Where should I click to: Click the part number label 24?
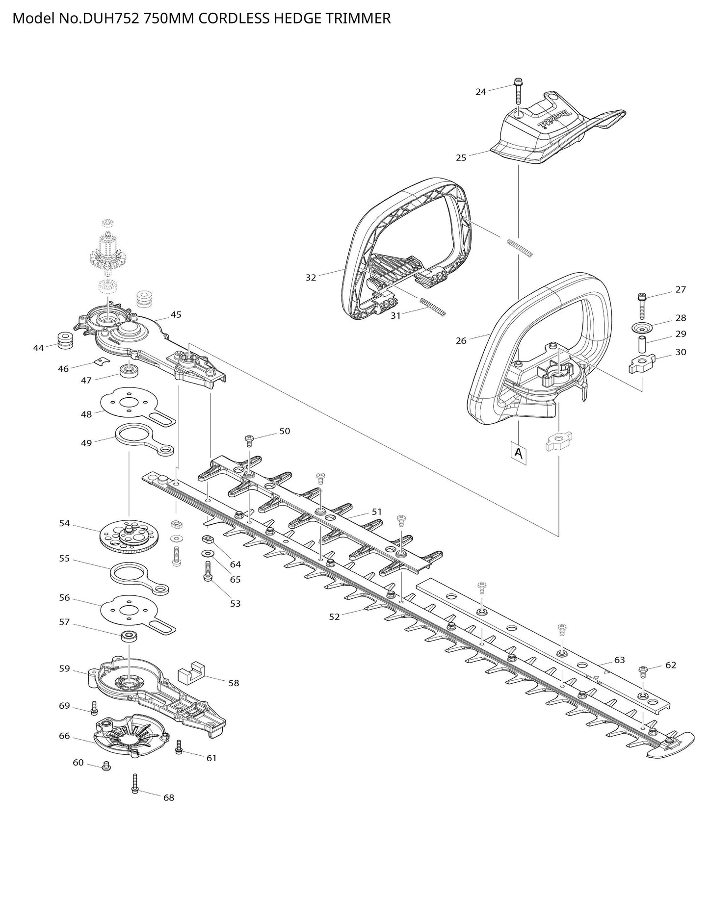(480, 92)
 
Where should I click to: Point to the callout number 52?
(334, 617)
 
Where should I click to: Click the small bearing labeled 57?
(129, 636)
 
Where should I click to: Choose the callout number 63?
(620, 660)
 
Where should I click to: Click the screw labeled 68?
(135, 785)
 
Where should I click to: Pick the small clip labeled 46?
(100, 362)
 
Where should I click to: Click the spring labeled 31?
(433, 306)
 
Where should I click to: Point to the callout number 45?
(176, 314)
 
